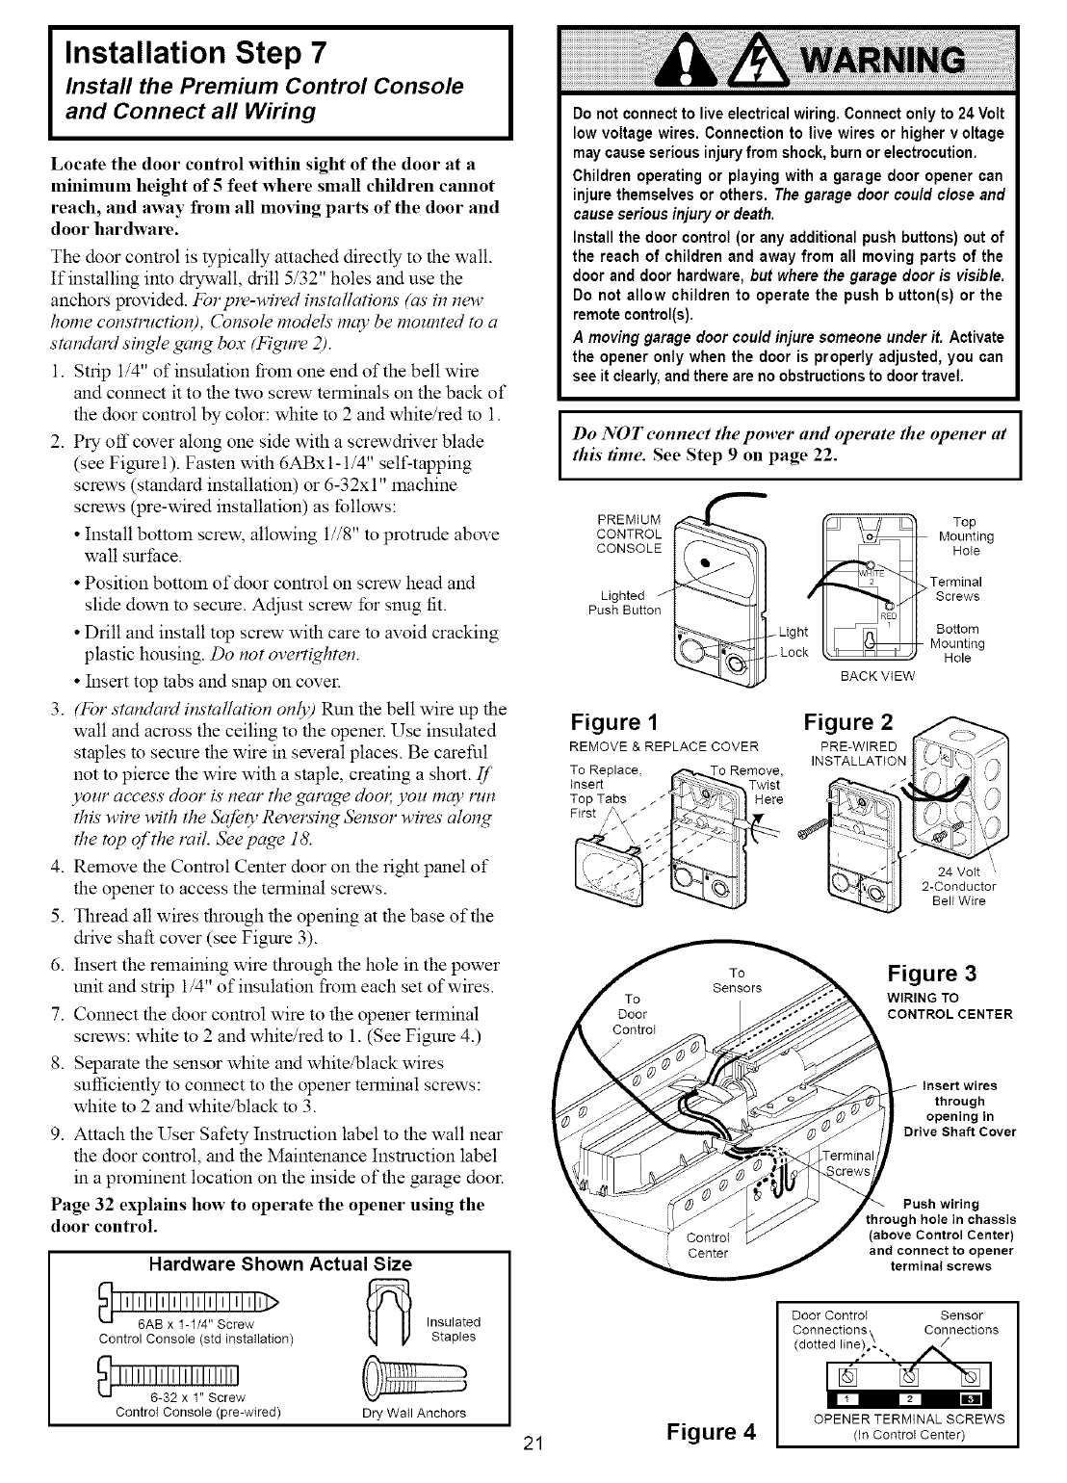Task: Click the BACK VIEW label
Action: [x=876, y=676]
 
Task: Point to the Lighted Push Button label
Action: [x=623, y=602]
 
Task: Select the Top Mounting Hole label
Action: [x=965, y=536]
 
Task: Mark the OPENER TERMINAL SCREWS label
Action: [x=896, y=1418]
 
